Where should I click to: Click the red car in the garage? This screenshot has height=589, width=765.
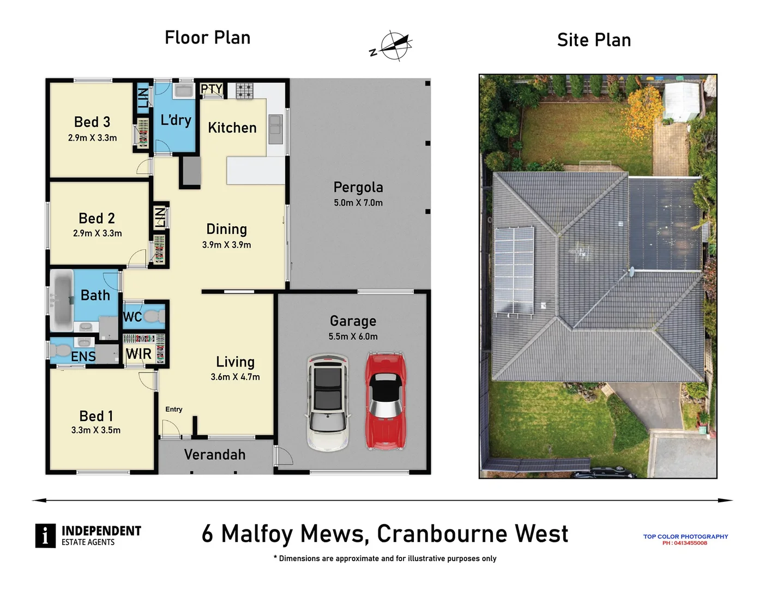coord(385,401)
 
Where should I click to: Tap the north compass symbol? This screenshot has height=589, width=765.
coord(392,46)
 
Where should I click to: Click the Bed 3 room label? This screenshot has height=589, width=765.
coord(92,122)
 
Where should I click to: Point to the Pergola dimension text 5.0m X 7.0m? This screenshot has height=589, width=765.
coord(358,203)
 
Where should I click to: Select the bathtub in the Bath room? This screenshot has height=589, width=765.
coord(62,300)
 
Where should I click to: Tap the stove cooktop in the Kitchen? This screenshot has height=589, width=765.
coord(244,91)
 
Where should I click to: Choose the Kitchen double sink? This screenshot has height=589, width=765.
coord(275,129)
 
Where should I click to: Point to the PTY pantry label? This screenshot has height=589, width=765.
coord(212,89)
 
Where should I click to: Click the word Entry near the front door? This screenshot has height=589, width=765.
coord(174,409)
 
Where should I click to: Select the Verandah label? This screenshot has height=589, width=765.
coord(214,454)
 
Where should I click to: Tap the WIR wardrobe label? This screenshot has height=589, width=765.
coord(138,354)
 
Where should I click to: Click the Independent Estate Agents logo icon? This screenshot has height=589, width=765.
coord(45,536)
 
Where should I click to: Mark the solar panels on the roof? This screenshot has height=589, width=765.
coord(514,271)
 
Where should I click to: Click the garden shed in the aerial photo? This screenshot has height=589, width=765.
coord(681,101)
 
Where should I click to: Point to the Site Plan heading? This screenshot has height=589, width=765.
coord(594,40)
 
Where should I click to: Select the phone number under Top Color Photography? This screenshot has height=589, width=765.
coord(685,543)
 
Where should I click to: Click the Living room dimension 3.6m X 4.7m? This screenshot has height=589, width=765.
coord(235,377)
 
